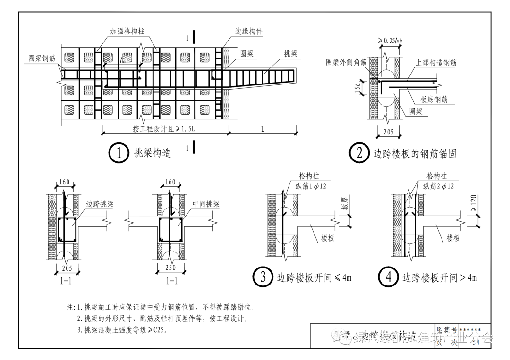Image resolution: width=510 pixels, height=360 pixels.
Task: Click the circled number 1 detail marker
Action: pos(119,153)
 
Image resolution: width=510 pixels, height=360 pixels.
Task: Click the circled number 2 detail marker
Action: pos(358,153)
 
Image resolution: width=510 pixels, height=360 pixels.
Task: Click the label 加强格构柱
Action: pos(127,31)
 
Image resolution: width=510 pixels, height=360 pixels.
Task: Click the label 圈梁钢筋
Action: pos(42,58)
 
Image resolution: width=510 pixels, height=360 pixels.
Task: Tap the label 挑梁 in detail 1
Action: pos(290,54)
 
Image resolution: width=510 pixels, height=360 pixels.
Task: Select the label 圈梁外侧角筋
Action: pos(346,62)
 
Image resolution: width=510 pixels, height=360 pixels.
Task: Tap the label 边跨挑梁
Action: pos(100,204)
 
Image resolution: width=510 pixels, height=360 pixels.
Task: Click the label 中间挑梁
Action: pos(206,204)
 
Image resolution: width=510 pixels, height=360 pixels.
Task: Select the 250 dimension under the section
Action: pos(170,268)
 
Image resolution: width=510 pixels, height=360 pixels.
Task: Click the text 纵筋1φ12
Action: pos(312,186)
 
